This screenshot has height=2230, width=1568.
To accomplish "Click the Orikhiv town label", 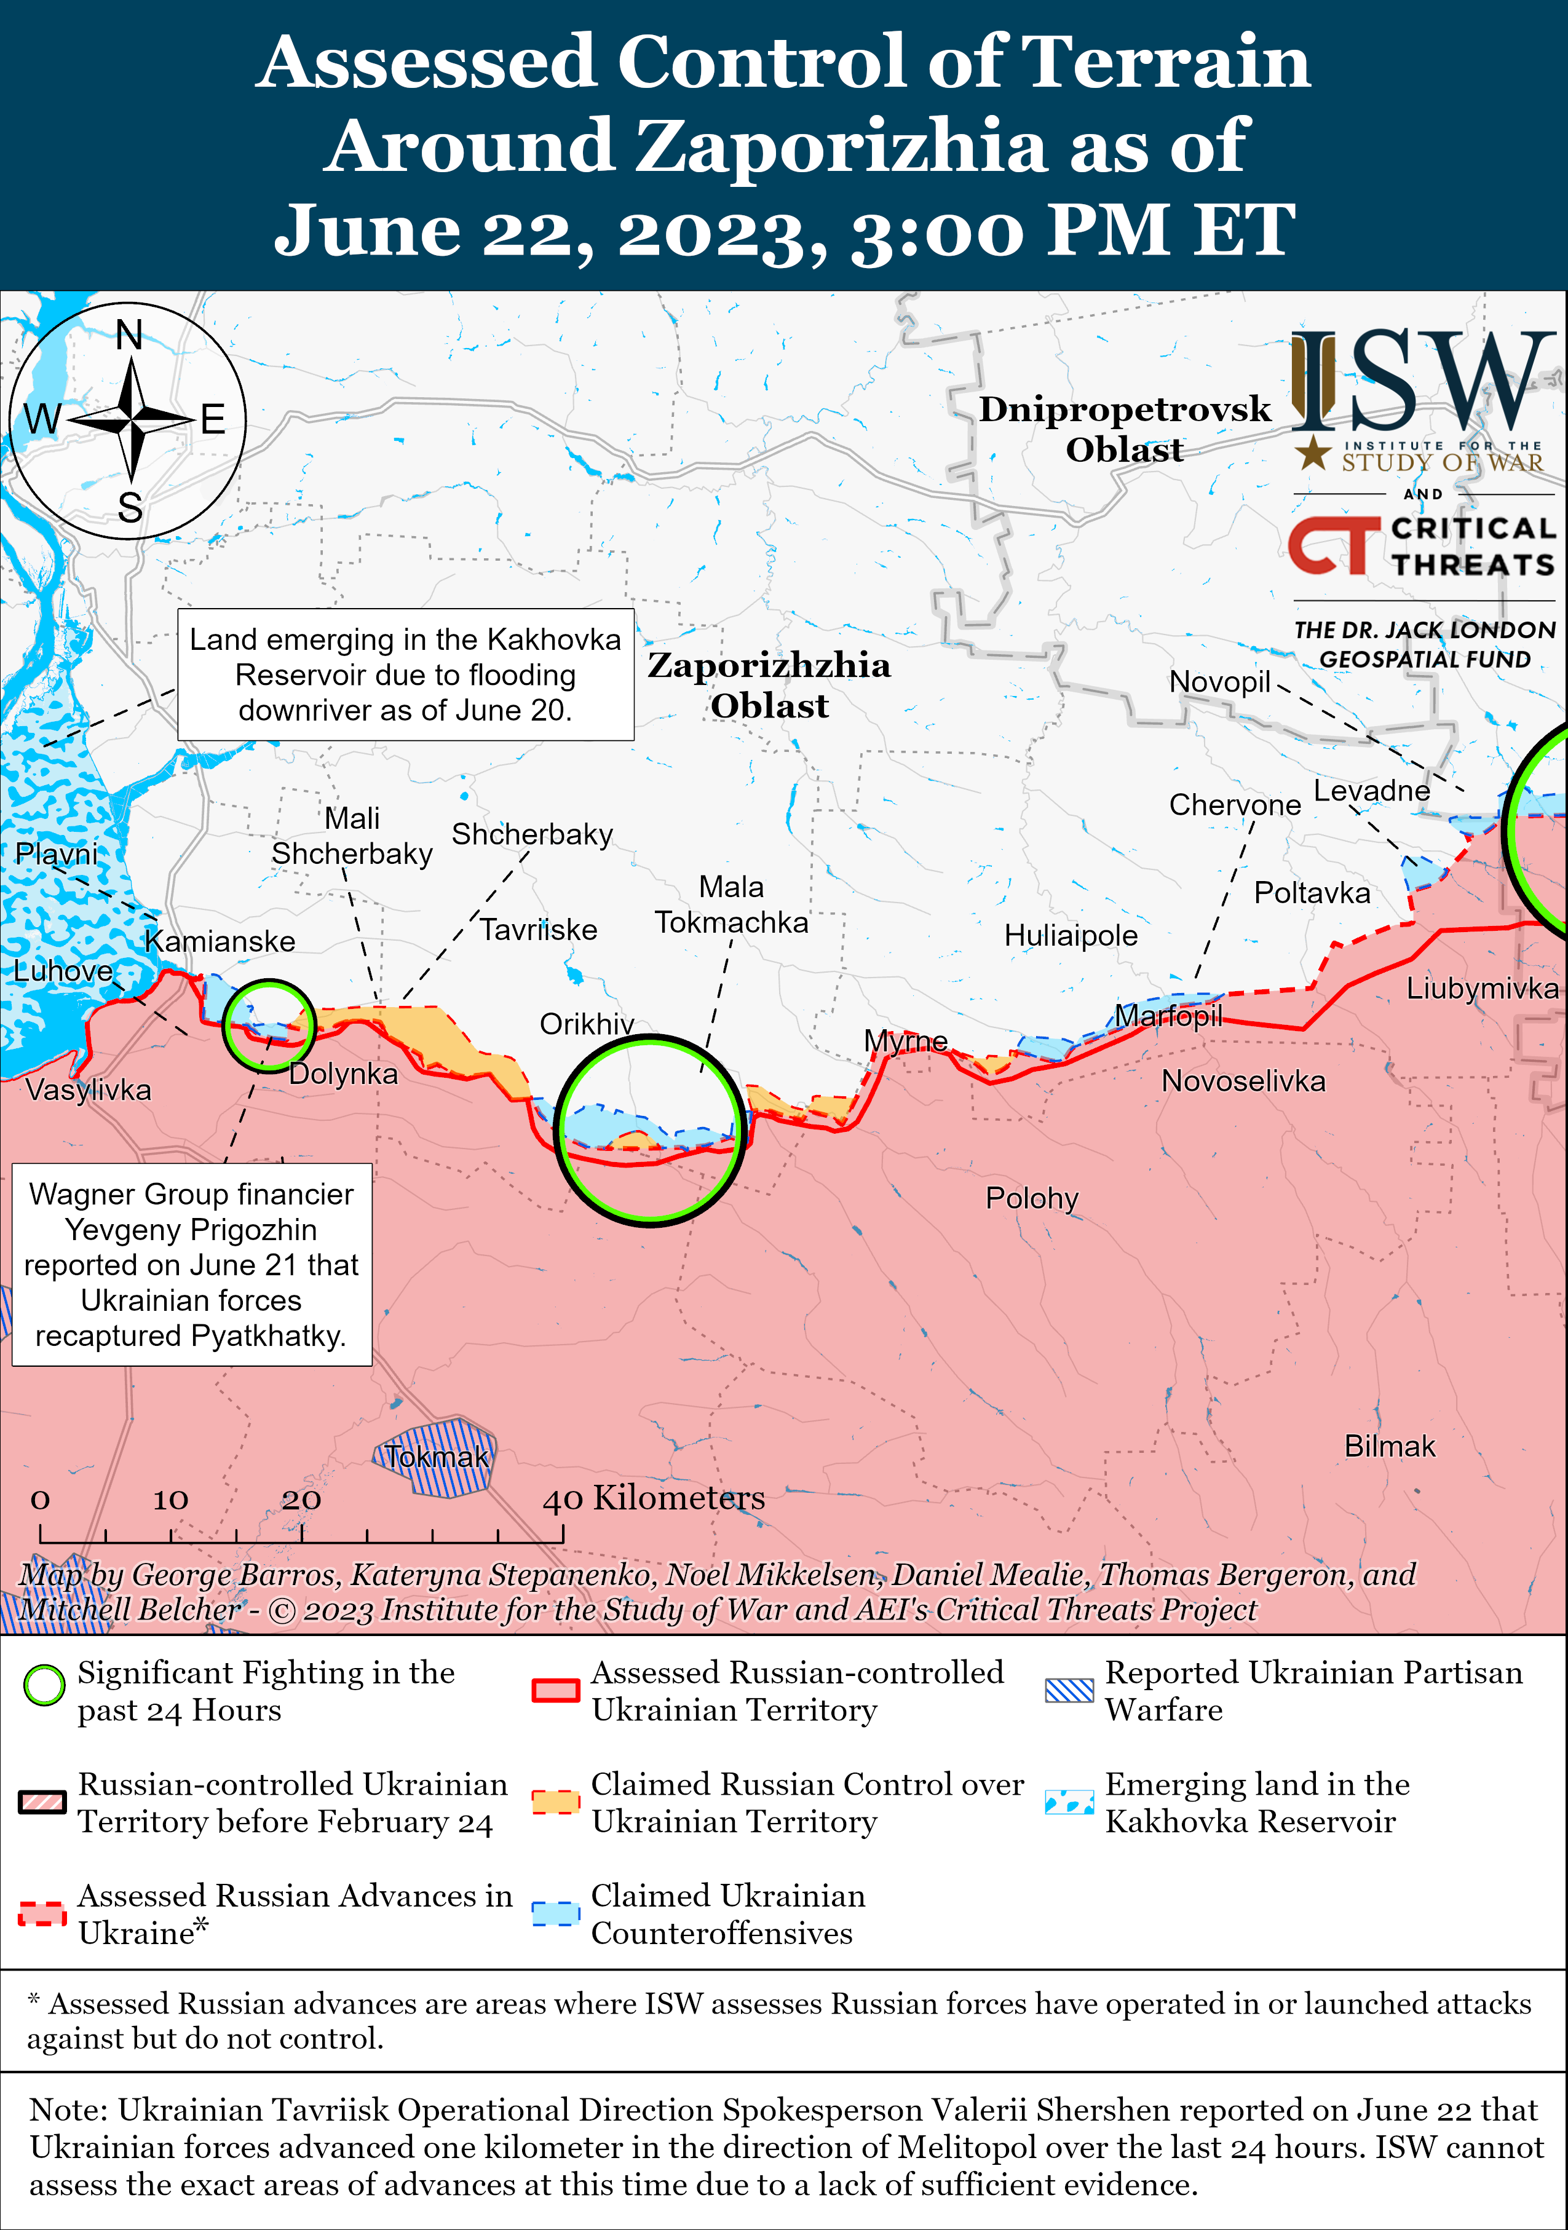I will pyautogui.click(x=587, y=1024).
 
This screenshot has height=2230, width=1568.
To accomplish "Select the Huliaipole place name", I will pyautogui.click(x=1071, y=935).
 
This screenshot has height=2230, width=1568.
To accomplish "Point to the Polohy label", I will pyautogui.click(x=1032, y=1198).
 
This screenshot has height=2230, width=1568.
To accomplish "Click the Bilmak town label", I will pyautogui.click(x=1389, y=1446).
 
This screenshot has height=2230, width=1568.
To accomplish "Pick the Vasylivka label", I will pyautogui.click(x=89, y=1089).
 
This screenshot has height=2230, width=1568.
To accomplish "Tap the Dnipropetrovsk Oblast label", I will pyautogui.click(x=1124, y=429).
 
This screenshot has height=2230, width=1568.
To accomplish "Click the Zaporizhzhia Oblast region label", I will pyautogui.click(x=769, y=685).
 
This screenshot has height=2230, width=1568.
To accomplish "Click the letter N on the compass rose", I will pyautogui.click(x=129, y=335).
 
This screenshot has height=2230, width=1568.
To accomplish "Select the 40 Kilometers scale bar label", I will pyautogui.click(x=654, y=1498).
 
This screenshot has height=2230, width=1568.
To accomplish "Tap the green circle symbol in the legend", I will pyautogui.click(x=44, y=1685).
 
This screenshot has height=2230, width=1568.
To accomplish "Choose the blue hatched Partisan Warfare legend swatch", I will pyautogui.click(x=1069, y=1690).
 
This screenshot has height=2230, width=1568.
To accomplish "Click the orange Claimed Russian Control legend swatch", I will pyautogui.click(x=556, y=1801).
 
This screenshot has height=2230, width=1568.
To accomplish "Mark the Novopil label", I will pyautogui.click(x=1219, y=682).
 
